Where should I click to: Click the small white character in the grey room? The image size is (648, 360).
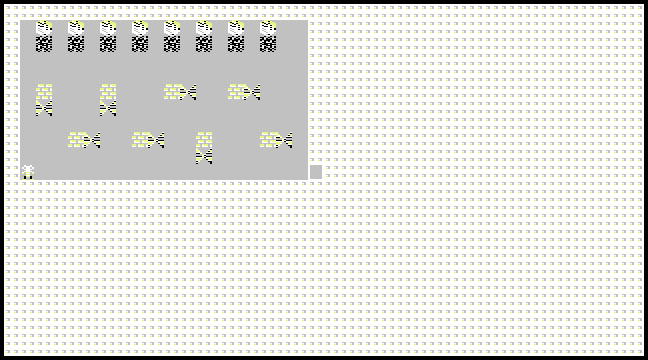tap(28, 171)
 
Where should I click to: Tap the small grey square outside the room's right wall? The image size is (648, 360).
tap(316, 171)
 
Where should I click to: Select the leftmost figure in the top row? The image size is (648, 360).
tap(44, 37)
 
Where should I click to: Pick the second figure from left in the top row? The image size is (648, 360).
tap(76, 37)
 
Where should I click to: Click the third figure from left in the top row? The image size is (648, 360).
tap(108, 37)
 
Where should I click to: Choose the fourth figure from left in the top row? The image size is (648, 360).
tap(140, 37)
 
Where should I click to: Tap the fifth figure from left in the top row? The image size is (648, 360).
tap(172, 37)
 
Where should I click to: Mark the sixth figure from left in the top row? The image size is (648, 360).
tap(204, 37)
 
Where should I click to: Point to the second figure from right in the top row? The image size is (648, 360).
tap(236, 37)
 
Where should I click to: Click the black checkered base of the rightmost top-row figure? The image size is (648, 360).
tap(268, 44)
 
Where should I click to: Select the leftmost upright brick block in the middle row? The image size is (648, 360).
tap(44, 100)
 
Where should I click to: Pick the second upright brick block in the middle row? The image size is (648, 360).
tap(108, 100)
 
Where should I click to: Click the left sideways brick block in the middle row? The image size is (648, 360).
tap(180, 92)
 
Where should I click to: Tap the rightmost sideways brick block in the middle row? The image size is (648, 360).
tap(244, 92)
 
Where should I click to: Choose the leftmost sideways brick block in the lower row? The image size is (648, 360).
tap(84, 140)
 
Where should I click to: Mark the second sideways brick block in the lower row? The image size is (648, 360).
tap(148, 140)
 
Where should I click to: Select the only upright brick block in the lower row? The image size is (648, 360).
tap(204, 147)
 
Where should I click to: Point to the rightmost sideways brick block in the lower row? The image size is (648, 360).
tap(276, 140)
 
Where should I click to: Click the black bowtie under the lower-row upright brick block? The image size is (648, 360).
tap(204, 156)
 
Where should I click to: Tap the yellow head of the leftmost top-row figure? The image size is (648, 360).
tap(44, 28)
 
